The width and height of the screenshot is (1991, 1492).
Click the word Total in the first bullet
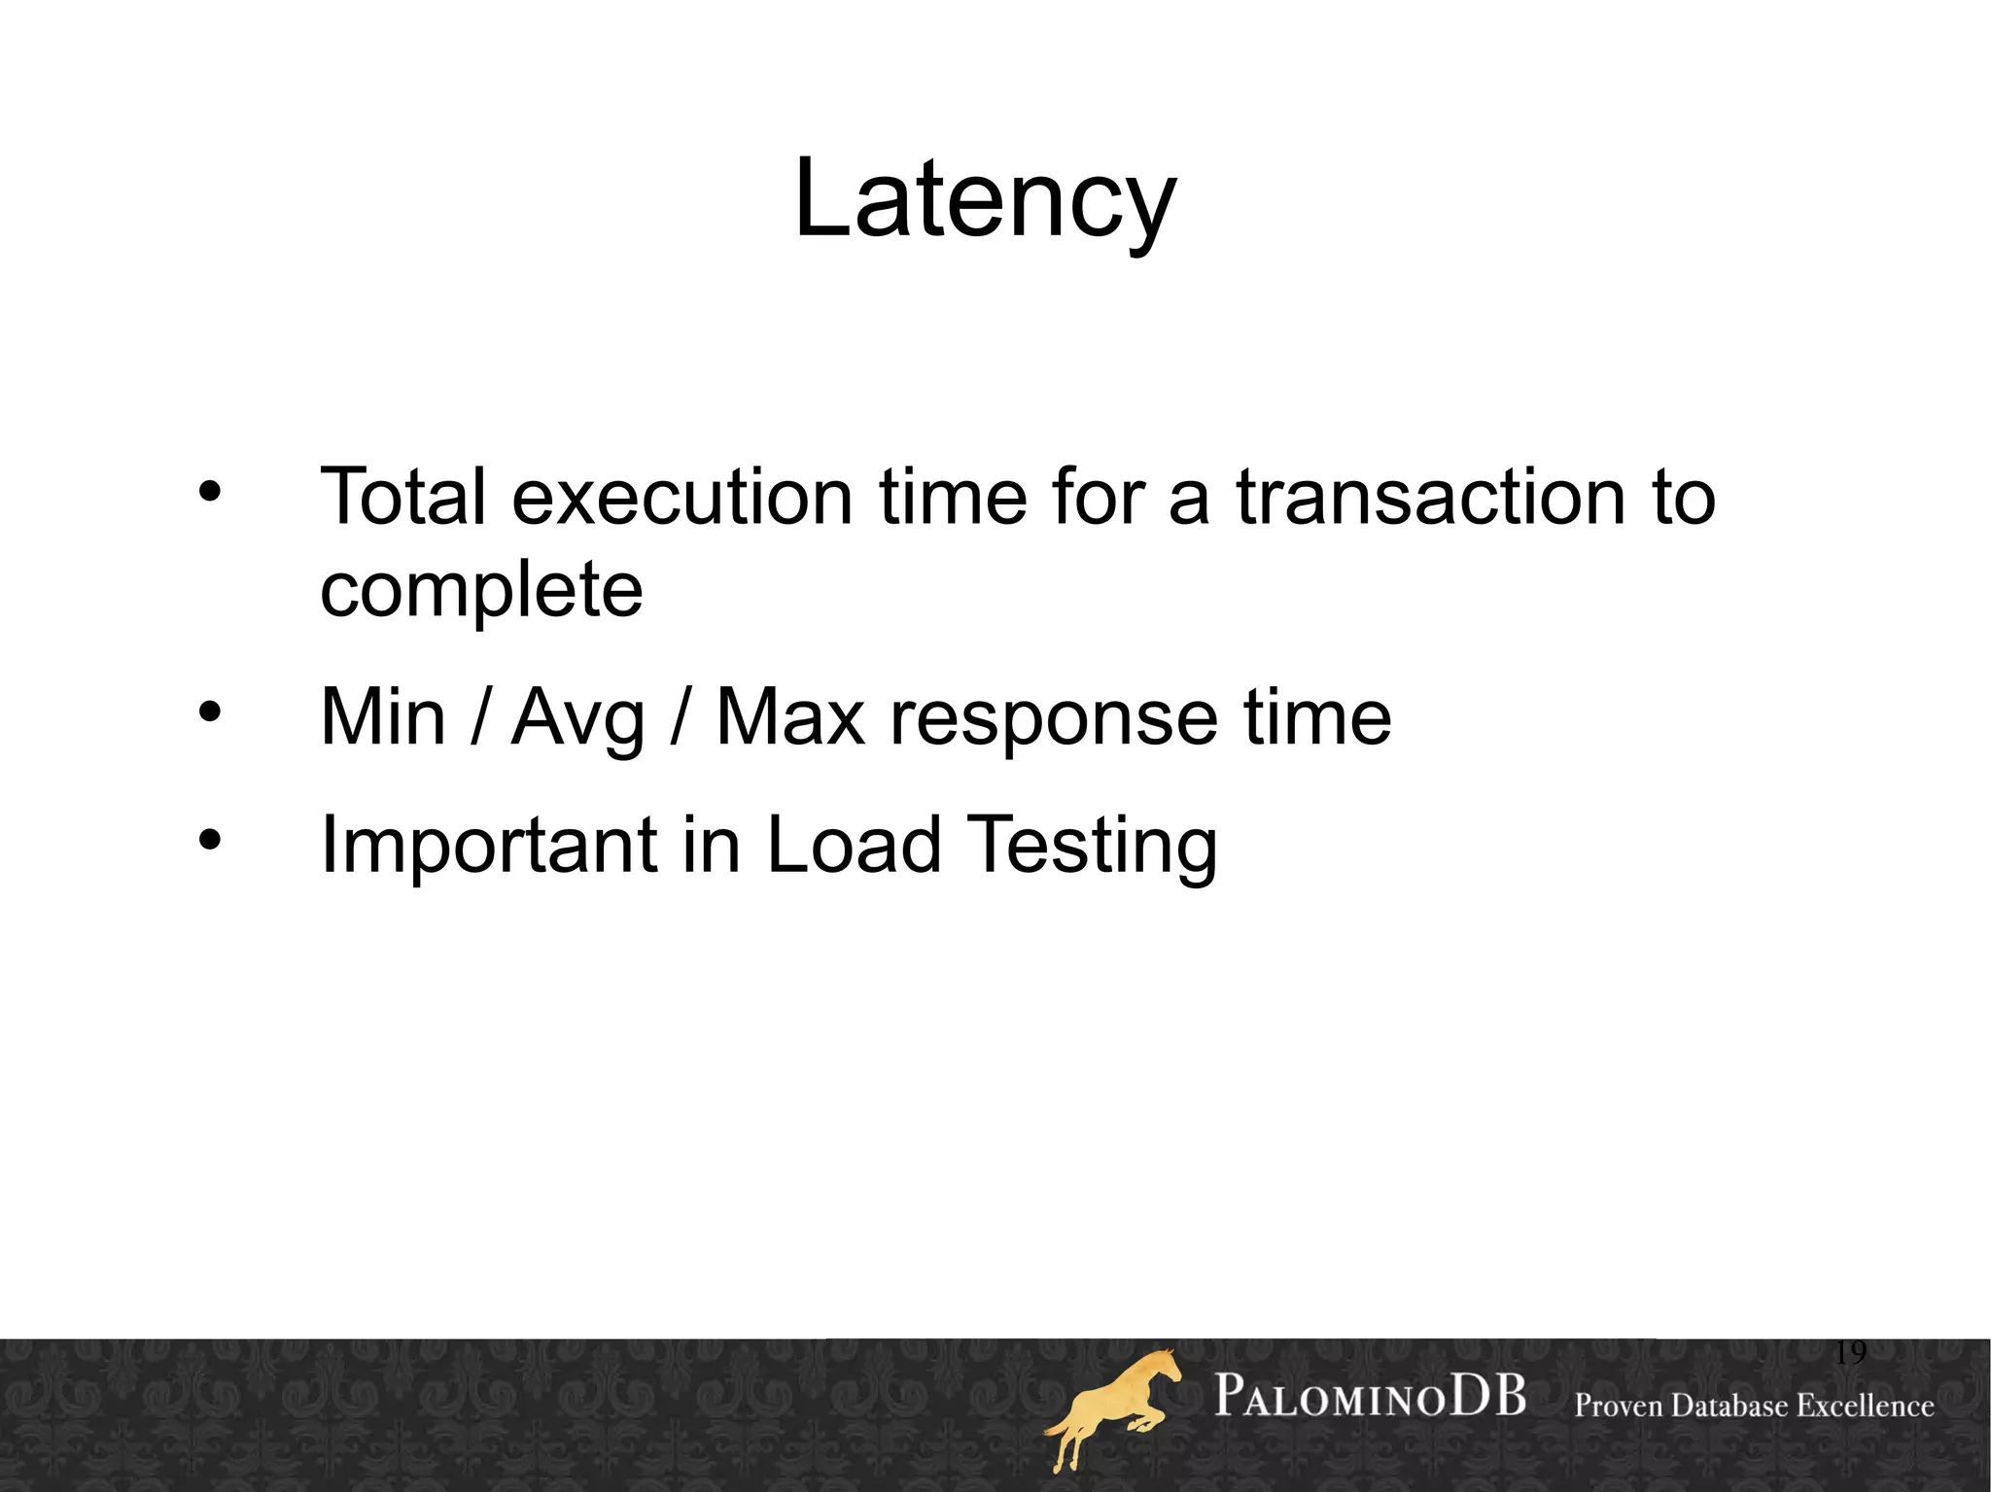tap(402, 497)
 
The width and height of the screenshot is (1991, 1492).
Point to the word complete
tap(481, 590)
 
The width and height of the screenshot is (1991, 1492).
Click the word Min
tap(383, 717)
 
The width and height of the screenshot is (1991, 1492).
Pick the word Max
tap(789, 717)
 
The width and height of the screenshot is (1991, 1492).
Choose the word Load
tap(854, 844)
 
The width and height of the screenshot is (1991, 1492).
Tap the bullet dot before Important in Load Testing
tap(209, 839)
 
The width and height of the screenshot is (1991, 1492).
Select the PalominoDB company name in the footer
tap(1370, 1397)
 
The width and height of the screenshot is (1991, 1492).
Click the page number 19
tap(1850, 1352)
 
